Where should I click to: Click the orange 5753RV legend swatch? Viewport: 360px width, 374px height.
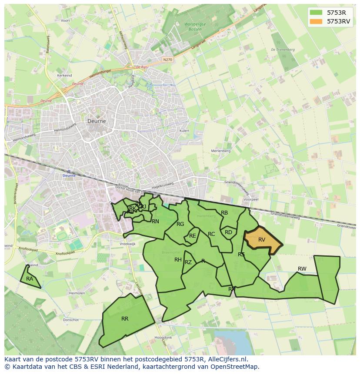(317, 21)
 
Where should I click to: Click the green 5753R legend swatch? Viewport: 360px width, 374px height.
(317, 12)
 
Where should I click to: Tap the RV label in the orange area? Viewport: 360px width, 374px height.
(262, 240)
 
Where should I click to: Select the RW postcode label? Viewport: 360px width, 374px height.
(302, 269)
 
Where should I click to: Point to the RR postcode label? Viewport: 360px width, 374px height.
(125, 319)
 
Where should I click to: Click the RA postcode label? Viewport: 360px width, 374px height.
(30, 279)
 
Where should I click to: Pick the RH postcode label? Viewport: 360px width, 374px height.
(178, 260)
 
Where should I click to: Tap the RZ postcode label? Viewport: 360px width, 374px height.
(188, 262)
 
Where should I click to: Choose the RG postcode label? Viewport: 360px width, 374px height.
(180, 224)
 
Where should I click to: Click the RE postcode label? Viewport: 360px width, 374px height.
(193, 236)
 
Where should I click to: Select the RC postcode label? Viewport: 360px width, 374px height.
(211, 234)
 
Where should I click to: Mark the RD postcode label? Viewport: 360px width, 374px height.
(228, 232)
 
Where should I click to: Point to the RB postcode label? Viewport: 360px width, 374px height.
(224, 213)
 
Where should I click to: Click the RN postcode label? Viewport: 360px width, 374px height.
(155, 222)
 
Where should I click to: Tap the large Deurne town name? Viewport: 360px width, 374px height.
(97, 121)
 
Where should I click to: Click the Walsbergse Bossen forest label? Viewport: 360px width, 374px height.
(194, 26)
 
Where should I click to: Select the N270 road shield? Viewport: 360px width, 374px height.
(167, 60)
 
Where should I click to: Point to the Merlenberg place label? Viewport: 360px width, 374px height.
(220, 151)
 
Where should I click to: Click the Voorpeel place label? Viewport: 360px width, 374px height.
(251, 199)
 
